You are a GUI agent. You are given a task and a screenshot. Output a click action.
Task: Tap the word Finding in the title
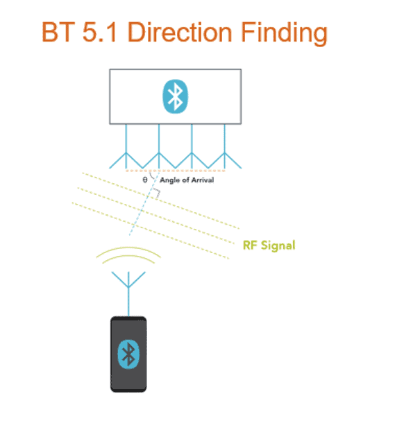pos(284,33)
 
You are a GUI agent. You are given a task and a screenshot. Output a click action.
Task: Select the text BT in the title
pos(58,32)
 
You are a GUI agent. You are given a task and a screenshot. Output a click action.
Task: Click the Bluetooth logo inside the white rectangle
pos(176,96)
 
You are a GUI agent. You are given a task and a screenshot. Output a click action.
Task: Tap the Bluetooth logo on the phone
pos(128,354)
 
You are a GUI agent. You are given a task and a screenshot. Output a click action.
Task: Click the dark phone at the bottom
pos(128,354)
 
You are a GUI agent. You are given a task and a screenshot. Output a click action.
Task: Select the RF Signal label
pos(269,245)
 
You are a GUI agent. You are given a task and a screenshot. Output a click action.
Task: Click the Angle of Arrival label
pos(187,180)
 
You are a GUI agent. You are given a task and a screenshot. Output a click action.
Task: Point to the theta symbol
pos(145,180)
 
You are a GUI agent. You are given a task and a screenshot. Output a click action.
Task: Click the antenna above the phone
pos(128,293)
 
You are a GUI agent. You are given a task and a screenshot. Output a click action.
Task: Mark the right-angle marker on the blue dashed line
pos(158,192)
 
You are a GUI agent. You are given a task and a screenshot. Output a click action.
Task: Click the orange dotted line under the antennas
pos(176,171)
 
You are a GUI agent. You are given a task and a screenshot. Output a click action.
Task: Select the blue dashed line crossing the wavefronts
pos(144,203)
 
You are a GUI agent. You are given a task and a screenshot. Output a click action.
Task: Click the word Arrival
pos(203,180)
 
